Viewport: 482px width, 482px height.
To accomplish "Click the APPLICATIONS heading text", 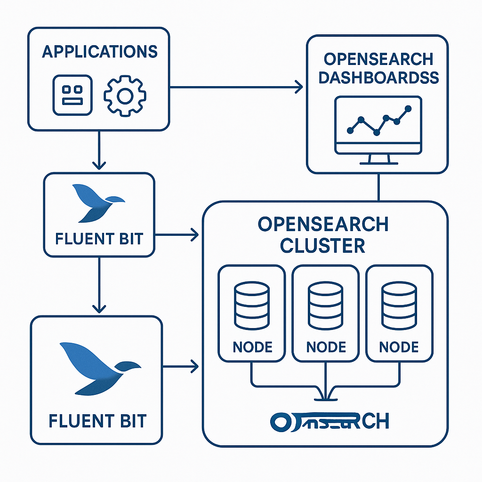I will click(99, 51).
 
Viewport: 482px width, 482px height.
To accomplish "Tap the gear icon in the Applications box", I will click(125, 96).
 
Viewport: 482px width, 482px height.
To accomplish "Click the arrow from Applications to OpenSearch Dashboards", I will click(235, 87).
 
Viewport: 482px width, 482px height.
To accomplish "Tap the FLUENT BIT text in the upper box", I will click(99, 239).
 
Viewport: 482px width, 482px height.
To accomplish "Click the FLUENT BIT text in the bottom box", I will click(97, 420).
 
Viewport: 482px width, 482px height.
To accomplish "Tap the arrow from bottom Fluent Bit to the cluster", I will click(179, 365).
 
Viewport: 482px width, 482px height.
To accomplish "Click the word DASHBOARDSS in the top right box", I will click(378, 77).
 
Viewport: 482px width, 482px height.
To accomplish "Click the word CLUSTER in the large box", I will click(323, 245).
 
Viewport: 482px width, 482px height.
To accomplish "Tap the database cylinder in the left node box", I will click(252, 306).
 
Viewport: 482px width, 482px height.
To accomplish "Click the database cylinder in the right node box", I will click(399, 306).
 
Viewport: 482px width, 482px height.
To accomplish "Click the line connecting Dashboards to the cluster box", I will click(378, 187).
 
